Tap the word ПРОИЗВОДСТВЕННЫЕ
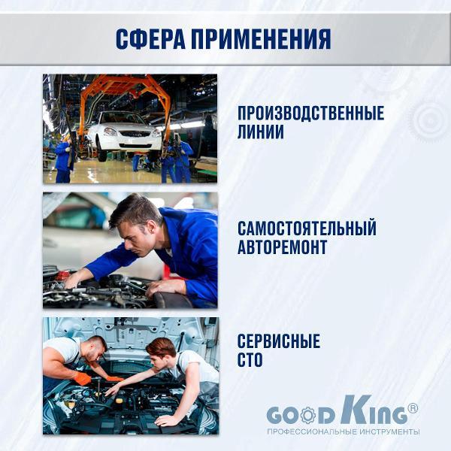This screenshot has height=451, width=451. point(310,114)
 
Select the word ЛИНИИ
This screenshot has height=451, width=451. point(261,132)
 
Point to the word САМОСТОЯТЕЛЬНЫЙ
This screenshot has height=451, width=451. point(307,229)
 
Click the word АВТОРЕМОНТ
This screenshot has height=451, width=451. point(283,247)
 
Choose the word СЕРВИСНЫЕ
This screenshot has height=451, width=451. point(279,341)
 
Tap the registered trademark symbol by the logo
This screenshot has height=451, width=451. point(412,409)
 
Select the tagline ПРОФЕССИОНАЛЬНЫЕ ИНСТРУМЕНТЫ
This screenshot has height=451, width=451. point(343,431)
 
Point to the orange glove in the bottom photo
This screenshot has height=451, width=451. point(82,378)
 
